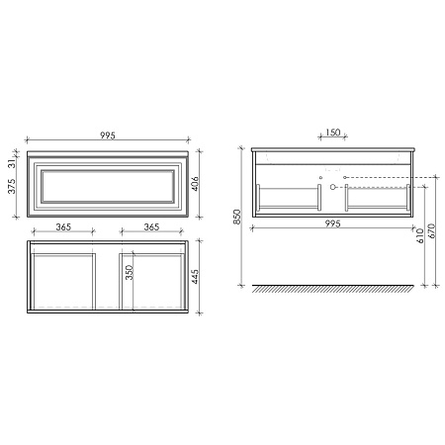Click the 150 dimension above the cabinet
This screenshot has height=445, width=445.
pos(333,133)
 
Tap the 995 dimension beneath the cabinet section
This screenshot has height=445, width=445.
pos(331,224)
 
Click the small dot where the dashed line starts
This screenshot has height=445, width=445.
pos(343,178)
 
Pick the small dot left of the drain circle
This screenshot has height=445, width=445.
pos(321,178)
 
